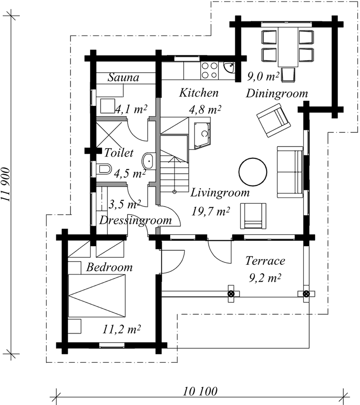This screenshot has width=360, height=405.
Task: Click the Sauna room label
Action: (x=123, y=77)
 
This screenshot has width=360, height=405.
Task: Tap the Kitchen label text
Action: (x=199, y=93)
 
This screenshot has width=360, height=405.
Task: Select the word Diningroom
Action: (x=277, y=94)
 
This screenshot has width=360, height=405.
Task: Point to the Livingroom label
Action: (x=220, y=193)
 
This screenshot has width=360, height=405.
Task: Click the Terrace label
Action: (x=265, y=261)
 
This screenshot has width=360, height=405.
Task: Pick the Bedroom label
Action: (x=109, y=267)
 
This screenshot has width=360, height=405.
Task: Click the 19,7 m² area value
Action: (x=210, y=211)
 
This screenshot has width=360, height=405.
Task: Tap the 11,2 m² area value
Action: (x=121, y=330)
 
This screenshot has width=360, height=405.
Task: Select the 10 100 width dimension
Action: (x=201, y=391)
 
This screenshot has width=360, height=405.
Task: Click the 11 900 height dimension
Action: (x=6, y=185)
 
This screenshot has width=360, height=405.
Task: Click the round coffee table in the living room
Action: (x=253, y=172)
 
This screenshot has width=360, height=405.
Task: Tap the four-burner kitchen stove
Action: (x=209, y=70)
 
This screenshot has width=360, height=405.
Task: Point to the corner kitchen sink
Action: (x=229, y=67)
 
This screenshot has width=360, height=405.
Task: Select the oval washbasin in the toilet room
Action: (x=149, y=161)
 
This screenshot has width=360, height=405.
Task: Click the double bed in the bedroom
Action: (x=97, y=295)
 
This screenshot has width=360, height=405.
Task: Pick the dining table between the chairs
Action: (x=288, y=46)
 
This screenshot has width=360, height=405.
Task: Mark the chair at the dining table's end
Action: (x=288, y=75)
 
